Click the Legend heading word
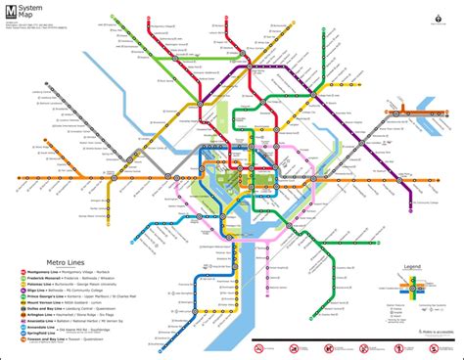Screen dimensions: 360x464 (413, 265)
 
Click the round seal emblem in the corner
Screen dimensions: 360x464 (436, 16)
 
